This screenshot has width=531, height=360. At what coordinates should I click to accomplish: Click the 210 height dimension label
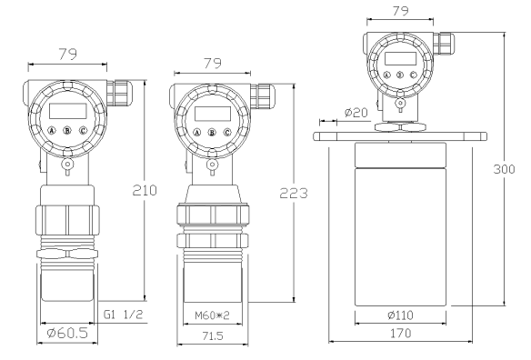point(145,191)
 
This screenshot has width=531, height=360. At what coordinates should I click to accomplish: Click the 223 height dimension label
point(294,193)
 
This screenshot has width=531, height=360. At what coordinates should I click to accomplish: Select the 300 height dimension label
point(504,169)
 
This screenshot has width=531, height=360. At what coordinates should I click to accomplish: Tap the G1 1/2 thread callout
point(124,315)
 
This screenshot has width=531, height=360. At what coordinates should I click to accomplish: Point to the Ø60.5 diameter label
point(67,334)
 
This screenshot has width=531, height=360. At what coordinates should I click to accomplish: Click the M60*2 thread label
point(213,315)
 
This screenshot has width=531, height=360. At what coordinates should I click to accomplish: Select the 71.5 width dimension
point(213,336)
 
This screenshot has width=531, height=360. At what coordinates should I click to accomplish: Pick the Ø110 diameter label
point(400,315)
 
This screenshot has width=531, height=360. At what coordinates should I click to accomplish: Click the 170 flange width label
point(401,334)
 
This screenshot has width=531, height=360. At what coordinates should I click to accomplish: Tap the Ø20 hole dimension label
point(356,113)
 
